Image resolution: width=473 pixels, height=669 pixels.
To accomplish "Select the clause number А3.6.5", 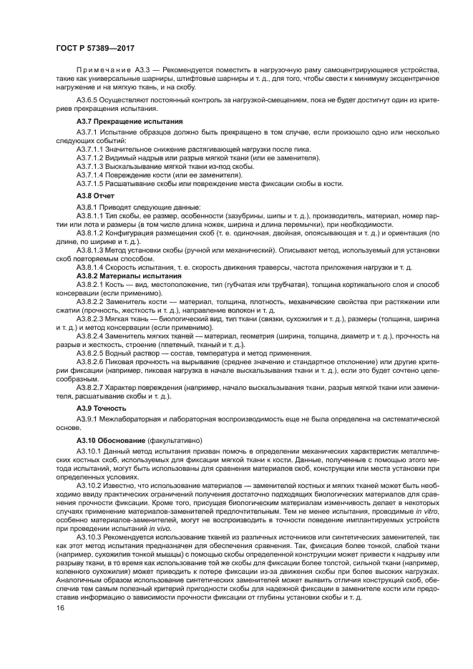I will click(92, 101).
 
